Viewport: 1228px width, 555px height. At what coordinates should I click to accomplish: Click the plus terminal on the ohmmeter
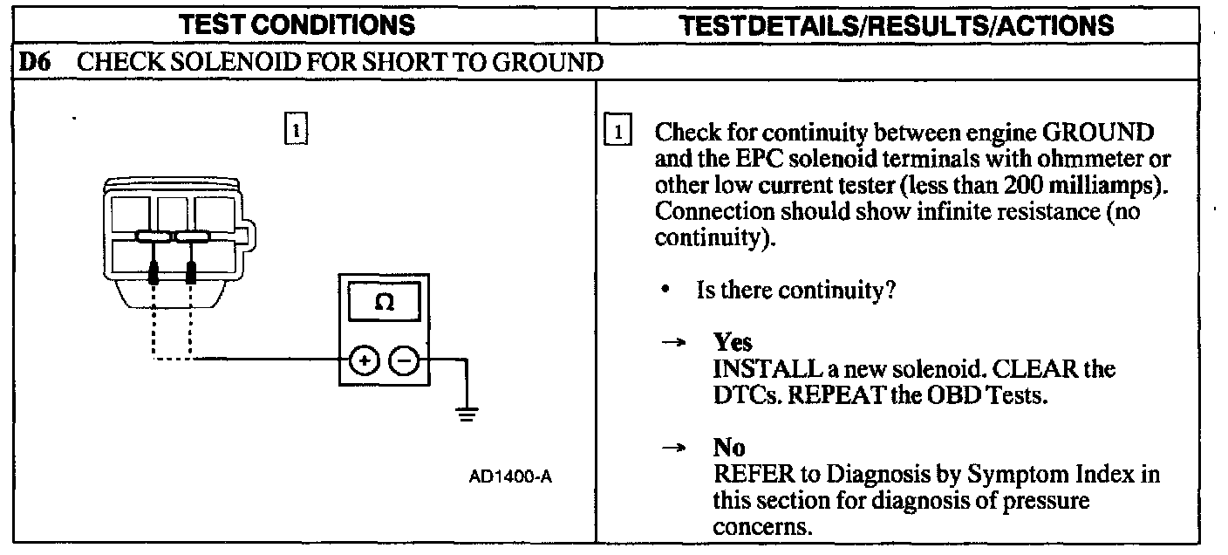[365, 360]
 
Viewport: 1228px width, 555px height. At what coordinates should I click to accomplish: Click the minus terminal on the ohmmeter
[403, 360]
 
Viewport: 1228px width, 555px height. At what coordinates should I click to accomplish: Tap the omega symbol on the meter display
[384, 303]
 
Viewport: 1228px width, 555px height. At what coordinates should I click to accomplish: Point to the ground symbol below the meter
[468, 414]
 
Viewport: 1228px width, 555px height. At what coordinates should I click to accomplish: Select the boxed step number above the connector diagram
[296, 129]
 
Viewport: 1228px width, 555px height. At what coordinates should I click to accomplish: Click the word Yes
[733, 341]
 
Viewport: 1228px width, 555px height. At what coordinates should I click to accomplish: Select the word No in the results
[729, 448]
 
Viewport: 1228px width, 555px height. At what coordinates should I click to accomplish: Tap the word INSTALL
[757, 368]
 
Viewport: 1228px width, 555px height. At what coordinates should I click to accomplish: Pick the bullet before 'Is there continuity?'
[666, 290]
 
